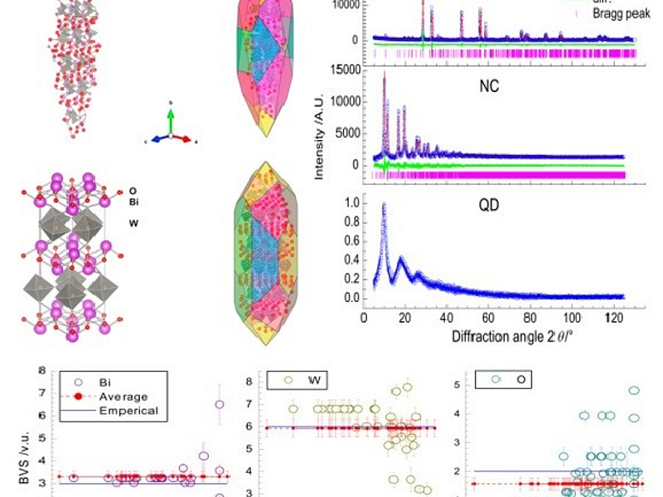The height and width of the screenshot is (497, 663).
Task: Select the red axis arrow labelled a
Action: [186, 139]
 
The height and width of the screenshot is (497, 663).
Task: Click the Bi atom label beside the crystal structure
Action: [133, 202]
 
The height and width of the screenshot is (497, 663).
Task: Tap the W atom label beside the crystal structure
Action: [133, 222]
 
